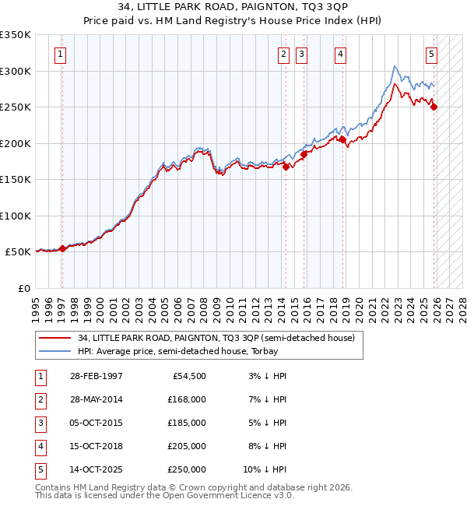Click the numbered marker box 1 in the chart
click(x=61, y=54)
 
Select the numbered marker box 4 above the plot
click(x=341, y=54)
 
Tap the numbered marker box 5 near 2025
click(x=431, y=54)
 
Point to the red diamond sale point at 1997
click(x=62, y=248)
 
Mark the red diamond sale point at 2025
click(x=434, y=107)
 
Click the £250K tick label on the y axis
click(x=16, y=107)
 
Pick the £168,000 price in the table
click(x=186, y=399)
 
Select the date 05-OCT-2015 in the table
click(x=96, y=423)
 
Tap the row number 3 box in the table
click(x=40, y=423)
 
